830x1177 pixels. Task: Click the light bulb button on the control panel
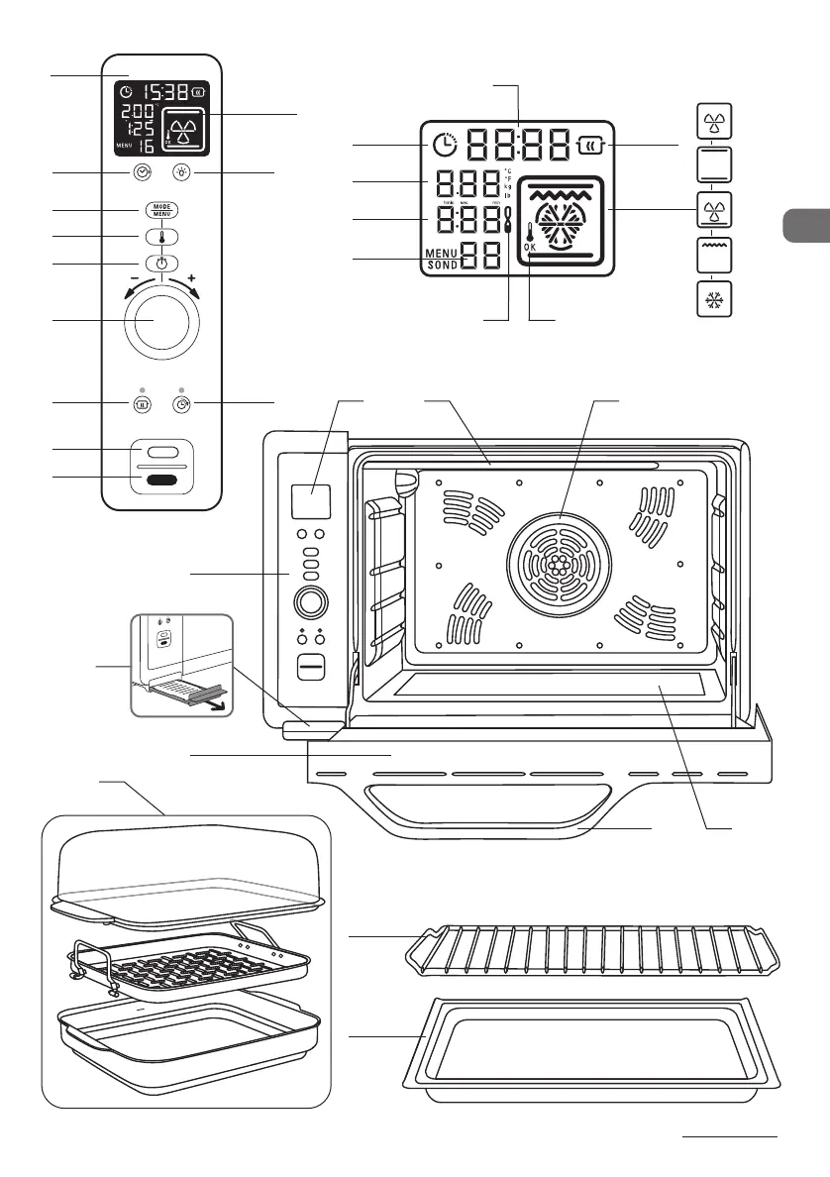(x=181, y=171)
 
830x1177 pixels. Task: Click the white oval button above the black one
(x=163, y=452)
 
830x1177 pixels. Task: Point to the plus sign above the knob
(x=191, y=278)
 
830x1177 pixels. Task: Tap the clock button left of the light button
(x=144, y=171)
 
